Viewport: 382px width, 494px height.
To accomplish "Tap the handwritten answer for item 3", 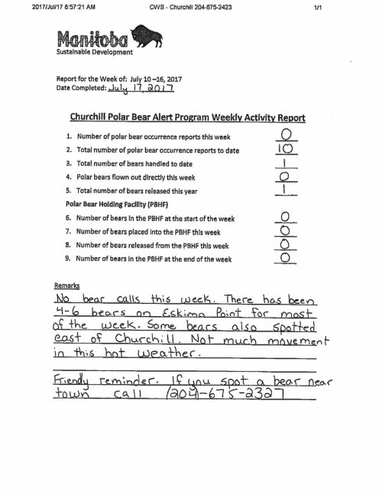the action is pos(284,163).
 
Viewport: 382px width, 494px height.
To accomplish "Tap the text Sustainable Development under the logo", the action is pos(94,53).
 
